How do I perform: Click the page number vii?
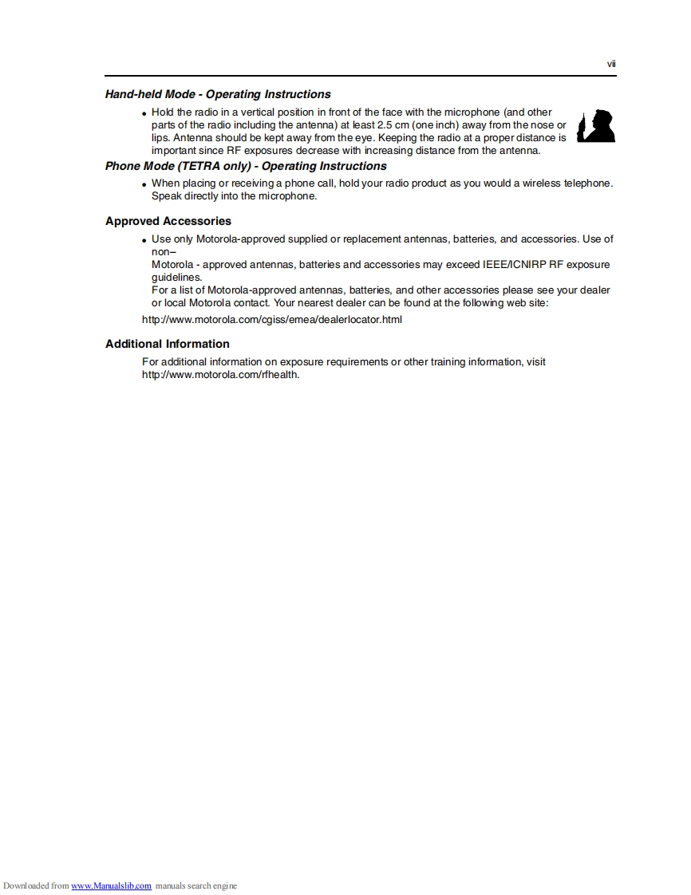[x=611, y=64]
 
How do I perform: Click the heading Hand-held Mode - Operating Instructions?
[x=218, y=94]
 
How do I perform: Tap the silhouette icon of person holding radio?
[x=596, y=126]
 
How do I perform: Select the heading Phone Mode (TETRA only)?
[x=246, y=166]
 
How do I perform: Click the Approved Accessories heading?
[x=168, y=221]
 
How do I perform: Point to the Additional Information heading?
[x=168, y=344]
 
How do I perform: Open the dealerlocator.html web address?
[x=272, y=320]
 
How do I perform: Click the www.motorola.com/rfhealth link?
[x=220, y=375]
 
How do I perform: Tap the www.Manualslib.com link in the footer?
[x=112, y=885]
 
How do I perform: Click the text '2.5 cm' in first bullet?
[x=394, y=125]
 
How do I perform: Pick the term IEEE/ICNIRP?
[x=510, y=265]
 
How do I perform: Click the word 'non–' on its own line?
[x=164, y=252]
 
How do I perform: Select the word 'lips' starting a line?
[x=160, y=138]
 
